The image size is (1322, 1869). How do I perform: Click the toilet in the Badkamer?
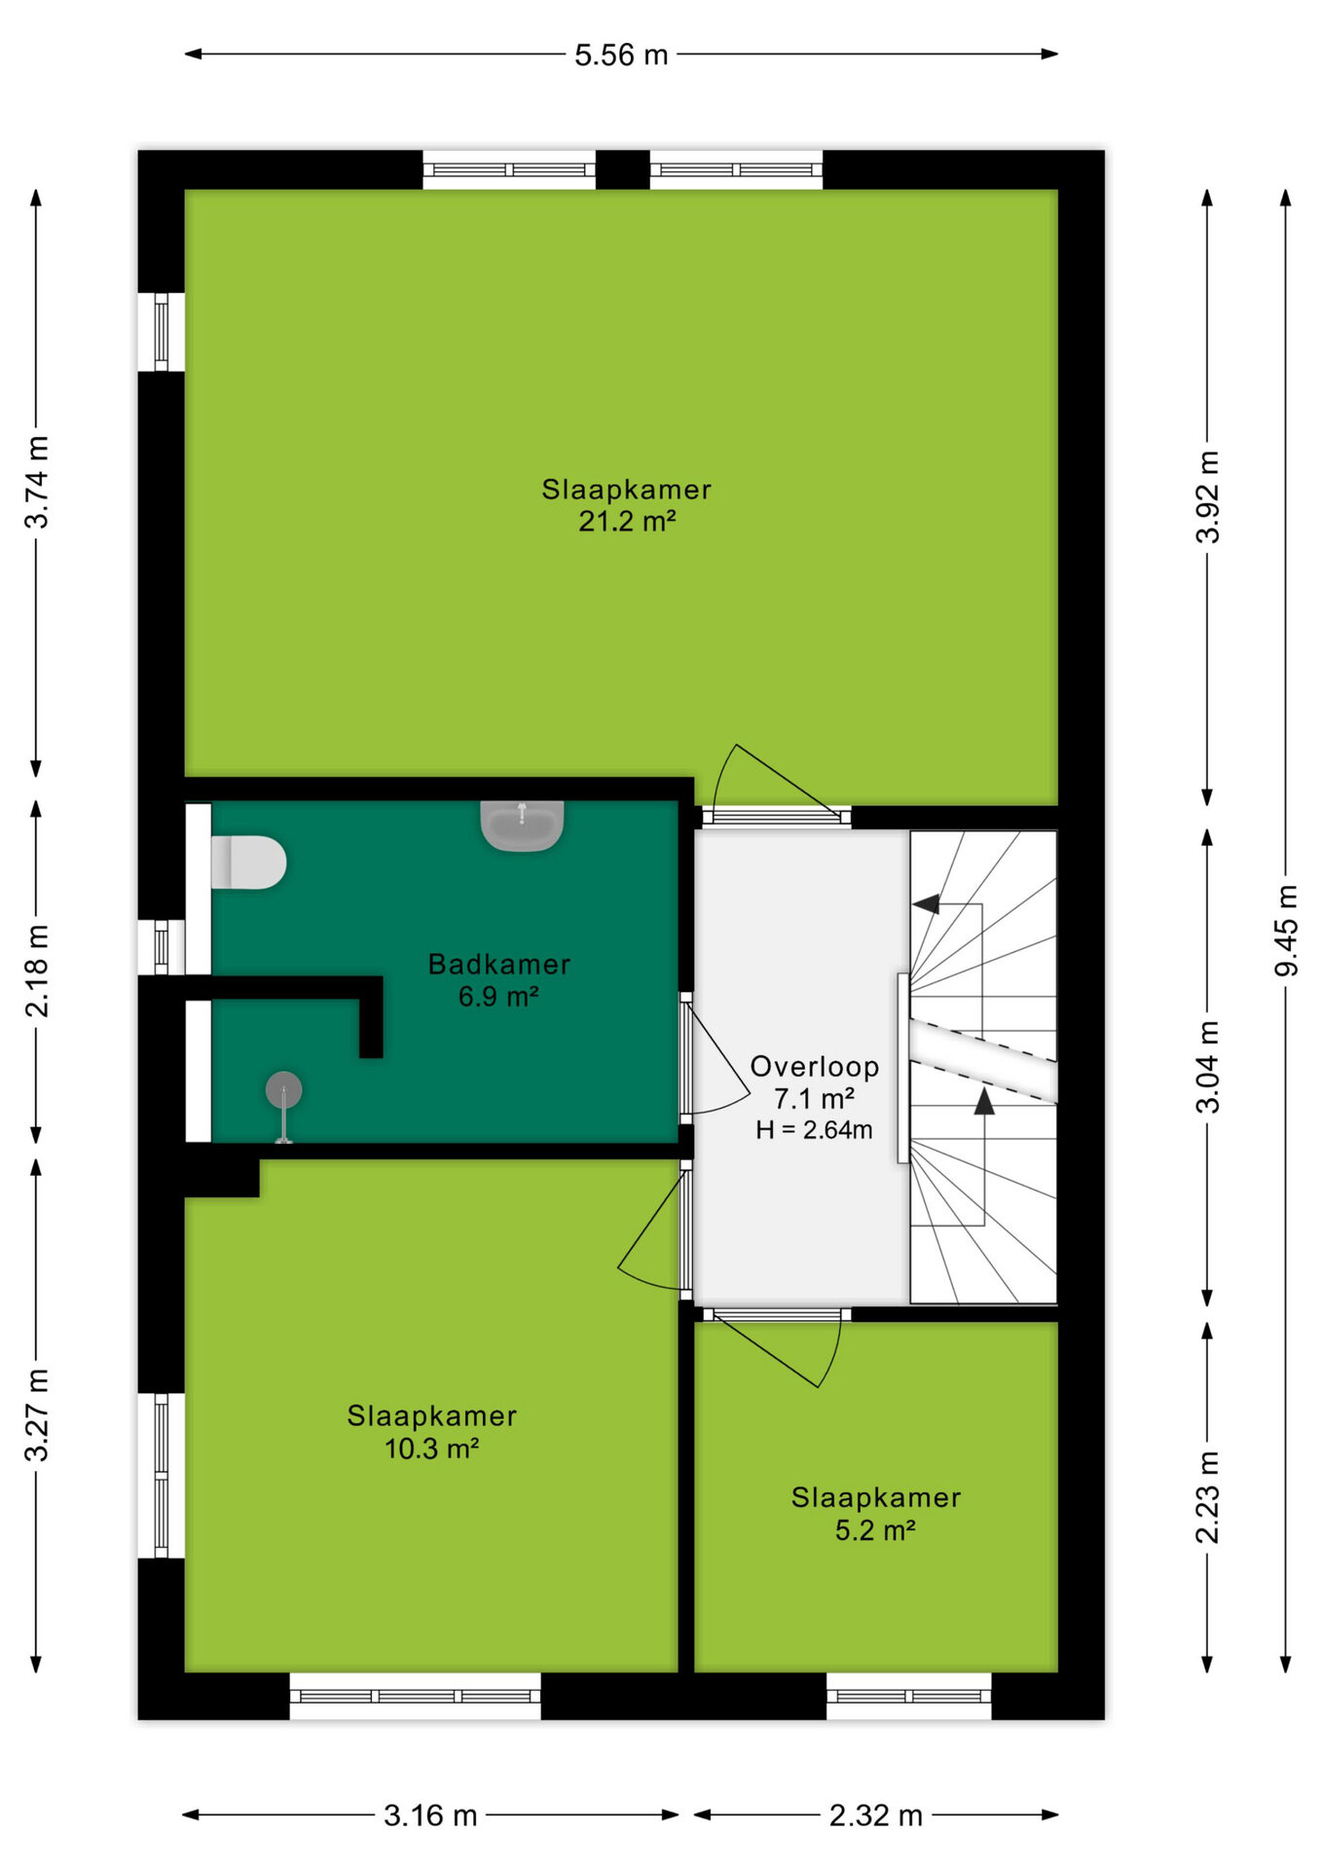248,861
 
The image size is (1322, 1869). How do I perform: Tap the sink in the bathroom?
522,825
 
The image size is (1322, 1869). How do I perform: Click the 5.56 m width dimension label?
621,55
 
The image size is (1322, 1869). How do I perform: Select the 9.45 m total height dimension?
1286,930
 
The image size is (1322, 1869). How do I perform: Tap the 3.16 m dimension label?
430,1815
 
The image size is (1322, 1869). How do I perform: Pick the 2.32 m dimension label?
875,1815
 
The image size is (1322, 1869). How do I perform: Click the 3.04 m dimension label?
1207,1067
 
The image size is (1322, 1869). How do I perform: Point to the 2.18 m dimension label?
36,971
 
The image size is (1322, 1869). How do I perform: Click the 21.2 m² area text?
627,522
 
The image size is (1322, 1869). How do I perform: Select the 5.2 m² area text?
875,1530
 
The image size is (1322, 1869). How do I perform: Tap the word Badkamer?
499,965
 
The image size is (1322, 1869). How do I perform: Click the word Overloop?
815,1067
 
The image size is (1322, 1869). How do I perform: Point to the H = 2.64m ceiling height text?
814,1130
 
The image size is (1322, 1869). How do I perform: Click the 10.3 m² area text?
431,1448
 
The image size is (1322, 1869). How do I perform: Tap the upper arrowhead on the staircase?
926,904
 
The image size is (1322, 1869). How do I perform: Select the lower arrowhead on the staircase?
984,1101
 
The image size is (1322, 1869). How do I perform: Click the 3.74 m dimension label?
36,483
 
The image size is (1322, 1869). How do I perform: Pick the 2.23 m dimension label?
1207,1497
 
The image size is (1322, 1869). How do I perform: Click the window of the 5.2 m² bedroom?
909,1696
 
